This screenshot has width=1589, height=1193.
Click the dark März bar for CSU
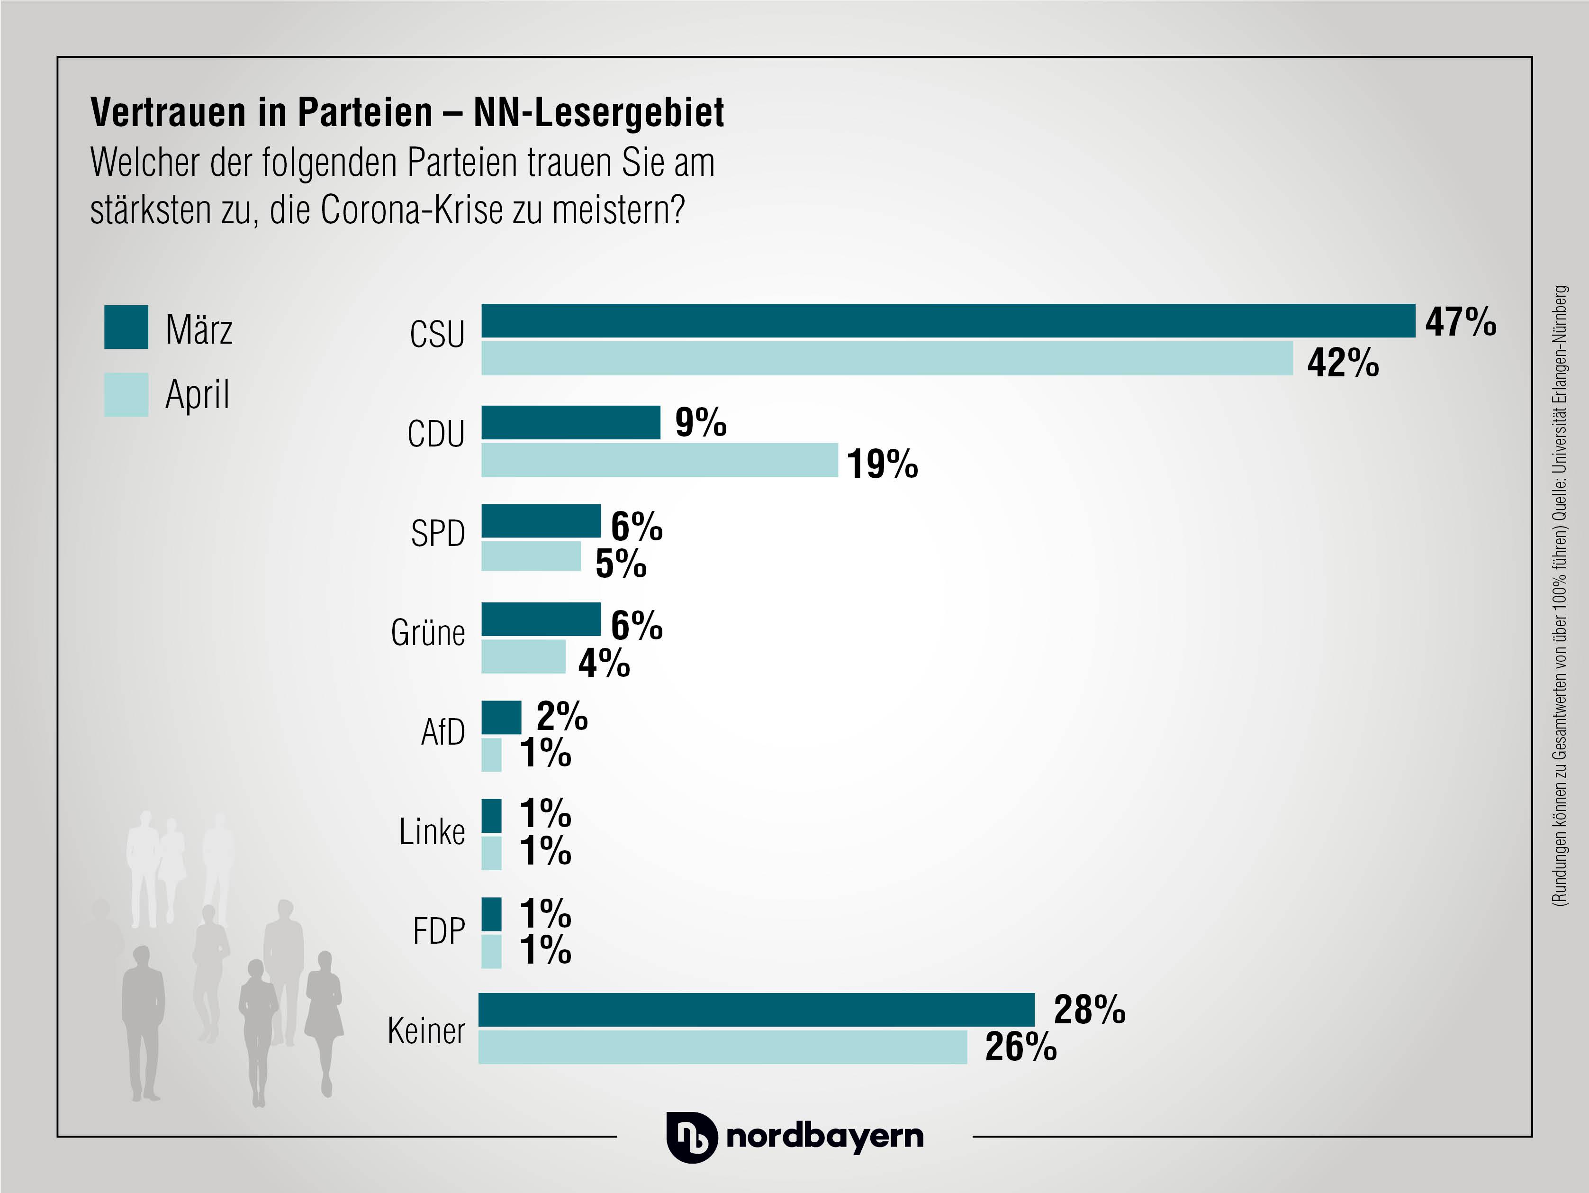click(x=948, y=320)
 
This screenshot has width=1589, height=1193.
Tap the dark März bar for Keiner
click(x=757, y=1010)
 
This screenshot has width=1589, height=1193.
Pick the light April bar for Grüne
click(x=523, y=656)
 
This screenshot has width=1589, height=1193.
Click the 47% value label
click(x=1461, y=321)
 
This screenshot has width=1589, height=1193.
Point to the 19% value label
click(x=882, y=464)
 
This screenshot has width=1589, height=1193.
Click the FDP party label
click(x=438, y=931)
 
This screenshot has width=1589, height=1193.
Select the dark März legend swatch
click(x=126, y=327)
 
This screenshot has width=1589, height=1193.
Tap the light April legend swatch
click(x=126, y=394)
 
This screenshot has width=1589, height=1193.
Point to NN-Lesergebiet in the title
click(x=598, y=113)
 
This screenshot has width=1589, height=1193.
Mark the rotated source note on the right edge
click(x=1560, y=596)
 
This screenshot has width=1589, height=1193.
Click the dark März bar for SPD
click(x=540, y=521)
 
